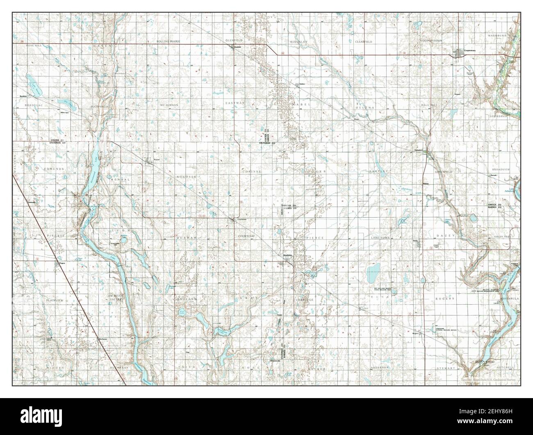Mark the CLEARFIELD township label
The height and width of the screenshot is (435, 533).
[x=363, y=42]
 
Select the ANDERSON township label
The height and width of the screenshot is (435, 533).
[x=379, y=368]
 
